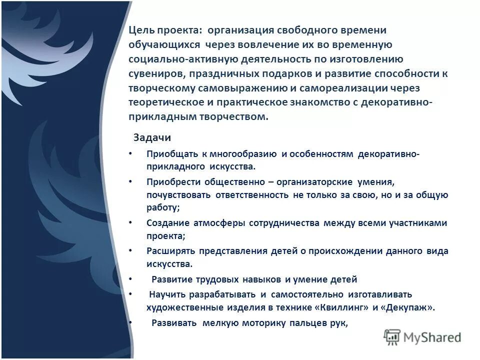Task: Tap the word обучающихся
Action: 165,45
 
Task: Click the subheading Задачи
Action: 152,137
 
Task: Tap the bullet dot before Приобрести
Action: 130,182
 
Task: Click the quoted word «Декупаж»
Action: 407,307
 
